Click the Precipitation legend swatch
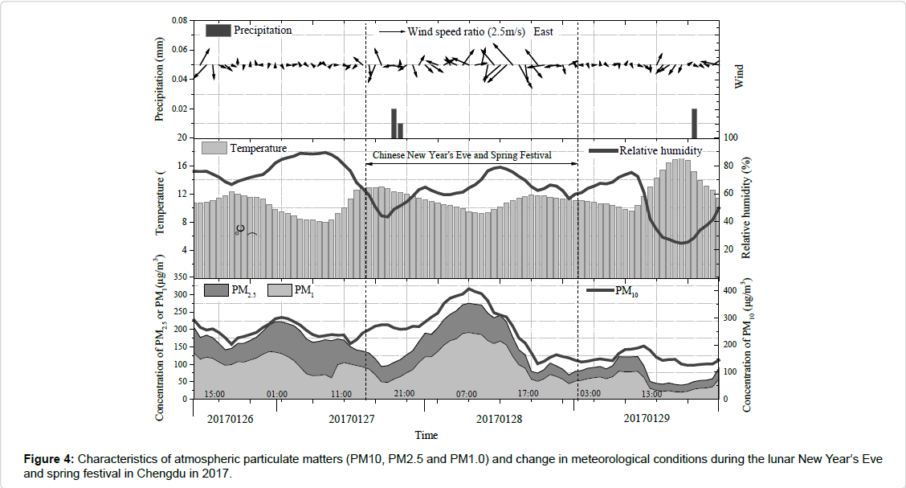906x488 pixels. click(x=218, y=31)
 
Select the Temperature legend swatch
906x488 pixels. click(x=213, y=148)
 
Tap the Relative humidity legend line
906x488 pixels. click(x=603, y=151)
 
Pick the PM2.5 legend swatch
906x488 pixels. click(x=217, y=290)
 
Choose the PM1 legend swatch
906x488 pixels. click(x=279, y=290)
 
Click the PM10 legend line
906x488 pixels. click(x=600, y=290)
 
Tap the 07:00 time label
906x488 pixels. click(x=467, y=394)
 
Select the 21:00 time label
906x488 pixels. click(x=404, y=394)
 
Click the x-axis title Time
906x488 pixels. click(x=426, y=435)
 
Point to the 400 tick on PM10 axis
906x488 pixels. click(x=733, y=290)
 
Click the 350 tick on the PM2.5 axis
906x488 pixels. click(x=181, y=277)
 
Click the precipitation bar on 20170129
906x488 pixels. click(x=694, y=123)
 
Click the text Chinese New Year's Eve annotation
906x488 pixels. click(x=461, y=154)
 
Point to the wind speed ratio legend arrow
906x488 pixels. click(x=390, y=32)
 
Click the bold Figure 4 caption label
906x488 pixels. click(x=49, y=459)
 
